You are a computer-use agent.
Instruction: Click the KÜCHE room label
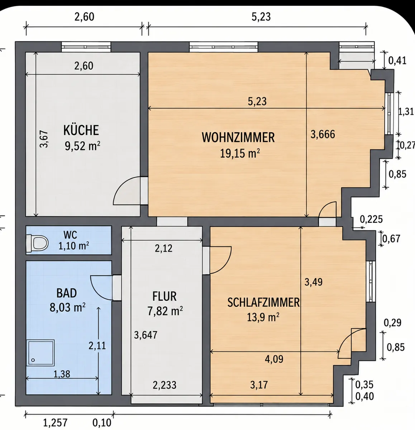pyautogui.click(x=81, y=130)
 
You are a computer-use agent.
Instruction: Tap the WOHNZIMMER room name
pyautogui.click(x=238, y=137)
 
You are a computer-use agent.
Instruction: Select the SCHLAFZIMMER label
pyautogui.click(x=263, y=302)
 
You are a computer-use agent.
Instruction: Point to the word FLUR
pyautogui.click(x=164, y=296)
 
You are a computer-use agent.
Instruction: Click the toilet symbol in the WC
pyautogui.click(x=37, y=243)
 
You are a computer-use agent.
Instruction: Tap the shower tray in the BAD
pyautogui.click(x=40, y=353)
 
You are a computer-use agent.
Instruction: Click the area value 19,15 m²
pyautogui.click(x=240, y=153)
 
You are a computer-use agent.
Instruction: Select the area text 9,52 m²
pyautogui.click(x=82, y=146)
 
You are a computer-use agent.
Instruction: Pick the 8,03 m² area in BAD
pyautogui.click(x=67, y=307)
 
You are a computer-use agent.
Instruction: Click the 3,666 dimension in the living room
pyautogui.click(x=323, y=134)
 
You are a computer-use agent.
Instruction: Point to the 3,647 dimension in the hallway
pyautogui.click(x=146, y=335)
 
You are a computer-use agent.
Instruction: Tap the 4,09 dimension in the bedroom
pyautogui.click(x=274, y=359)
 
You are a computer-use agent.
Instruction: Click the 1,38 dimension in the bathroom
pyautogui.click(x=62, y=374)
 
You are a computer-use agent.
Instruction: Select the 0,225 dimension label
pyautogui.click(x=371, y=219)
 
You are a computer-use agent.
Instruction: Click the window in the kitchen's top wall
pyautogui.click(x=86, y=47)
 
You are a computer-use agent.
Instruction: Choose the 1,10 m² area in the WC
pyautogui.click(x=73, y=245)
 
